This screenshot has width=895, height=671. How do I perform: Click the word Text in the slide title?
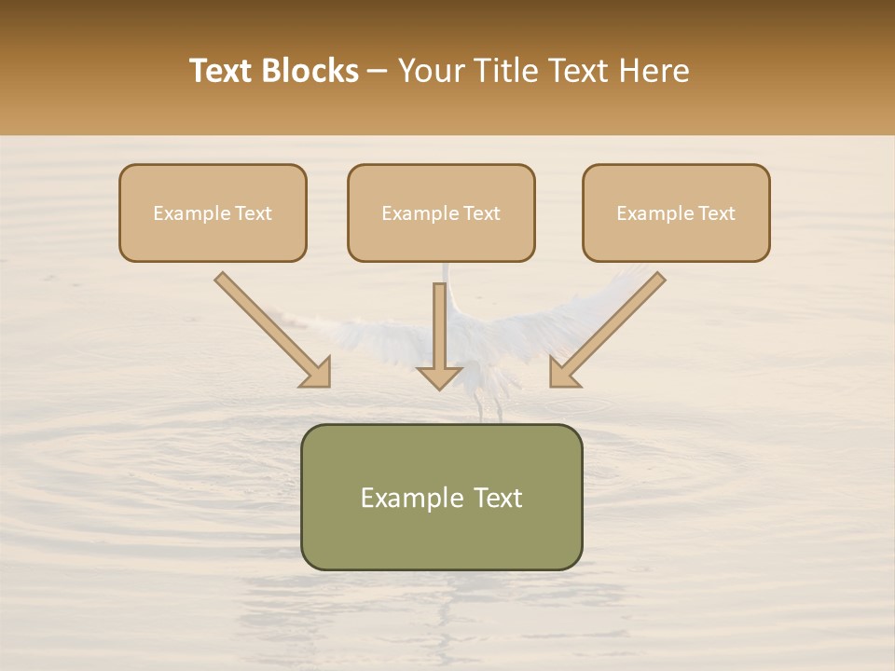point(221,71)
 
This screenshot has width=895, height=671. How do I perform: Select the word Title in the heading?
point(514,71)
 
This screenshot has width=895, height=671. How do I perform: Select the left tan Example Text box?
point(213,238)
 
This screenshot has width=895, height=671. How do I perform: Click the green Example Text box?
point(441,536)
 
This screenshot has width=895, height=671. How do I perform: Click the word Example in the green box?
point(402,499)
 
